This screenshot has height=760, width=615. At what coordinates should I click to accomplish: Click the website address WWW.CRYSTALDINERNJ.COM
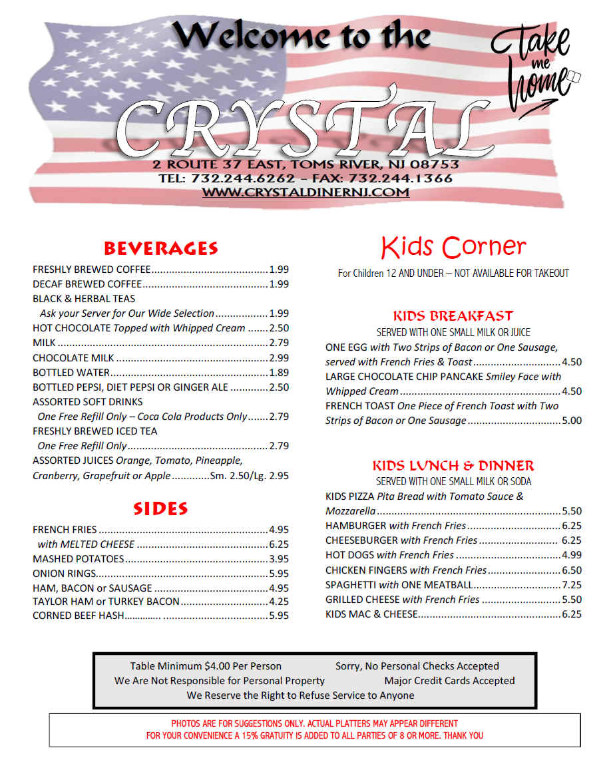(306, 192)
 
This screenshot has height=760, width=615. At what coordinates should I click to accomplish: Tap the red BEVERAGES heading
(160, 249)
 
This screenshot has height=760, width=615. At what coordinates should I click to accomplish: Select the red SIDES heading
(160, 509)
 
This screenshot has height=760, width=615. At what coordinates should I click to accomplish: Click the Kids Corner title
(453, 247)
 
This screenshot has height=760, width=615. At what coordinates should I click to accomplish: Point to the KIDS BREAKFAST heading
(453, 316)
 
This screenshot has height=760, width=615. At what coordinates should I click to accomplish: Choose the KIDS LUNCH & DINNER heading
(453, 466)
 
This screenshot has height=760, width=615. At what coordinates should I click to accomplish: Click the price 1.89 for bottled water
(279, 373)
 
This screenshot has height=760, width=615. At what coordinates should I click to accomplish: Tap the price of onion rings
(279, 574)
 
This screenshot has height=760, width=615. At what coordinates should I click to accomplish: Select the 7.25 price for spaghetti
(572, 585)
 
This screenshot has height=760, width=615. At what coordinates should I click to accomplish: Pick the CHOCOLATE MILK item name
(74, 358)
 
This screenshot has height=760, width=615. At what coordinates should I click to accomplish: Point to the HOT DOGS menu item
(349, 555)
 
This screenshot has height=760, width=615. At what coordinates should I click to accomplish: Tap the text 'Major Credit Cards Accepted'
(449, 681)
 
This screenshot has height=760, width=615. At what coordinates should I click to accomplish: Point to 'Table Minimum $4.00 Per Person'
(206, 666)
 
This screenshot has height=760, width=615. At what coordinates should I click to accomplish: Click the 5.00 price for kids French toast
(572, 421)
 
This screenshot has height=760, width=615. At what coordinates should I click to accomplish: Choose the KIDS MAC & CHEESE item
(371, 614)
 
